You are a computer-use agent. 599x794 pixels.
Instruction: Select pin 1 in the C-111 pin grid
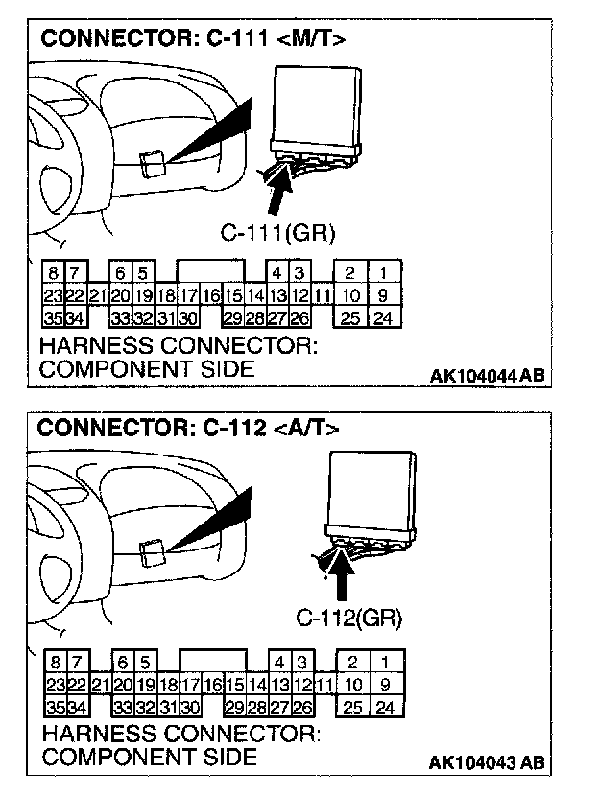382,274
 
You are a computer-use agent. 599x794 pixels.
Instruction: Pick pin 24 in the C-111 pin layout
382,317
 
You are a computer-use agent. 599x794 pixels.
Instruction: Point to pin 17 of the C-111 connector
188,296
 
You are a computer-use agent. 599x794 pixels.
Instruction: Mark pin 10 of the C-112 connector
353,686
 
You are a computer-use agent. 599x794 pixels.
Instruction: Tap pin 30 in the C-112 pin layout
190,708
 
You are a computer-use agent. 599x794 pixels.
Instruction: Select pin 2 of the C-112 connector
353,664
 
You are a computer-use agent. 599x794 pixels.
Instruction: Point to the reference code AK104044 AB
486,376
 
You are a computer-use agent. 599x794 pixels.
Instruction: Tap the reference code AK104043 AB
487,763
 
